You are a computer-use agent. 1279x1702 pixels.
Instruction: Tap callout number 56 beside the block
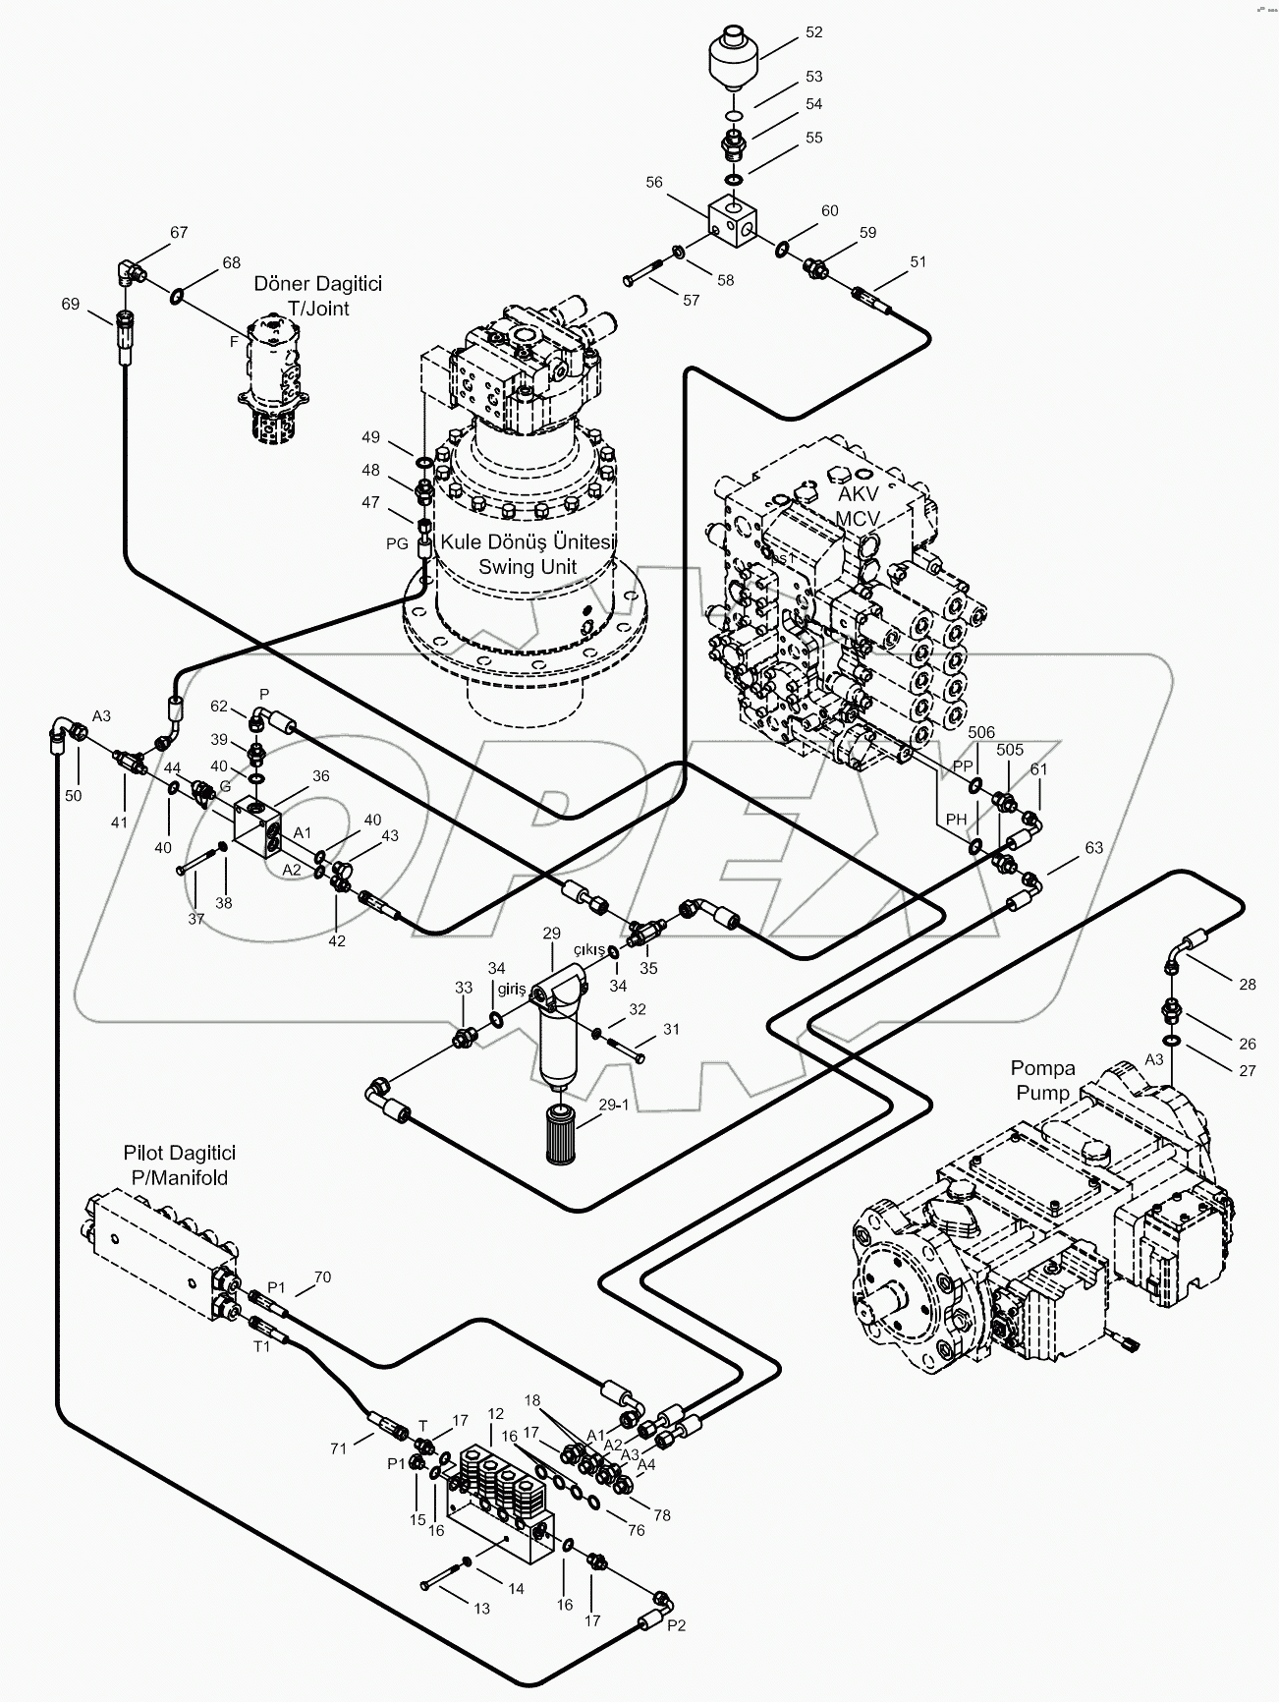point(654,182)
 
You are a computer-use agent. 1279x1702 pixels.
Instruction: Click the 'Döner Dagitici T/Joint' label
point(317,296)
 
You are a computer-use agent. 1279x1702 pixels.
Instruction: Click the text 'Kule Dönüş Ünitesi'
point(528,542)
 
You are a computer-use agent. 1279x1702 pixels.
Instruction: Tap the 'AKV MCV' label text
point(857,506)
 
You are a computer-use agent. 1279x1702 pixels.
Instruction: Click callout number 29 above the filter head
point(551,933)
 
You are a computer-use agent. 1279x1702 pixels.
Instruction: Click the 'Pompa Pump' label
point(1043,1080)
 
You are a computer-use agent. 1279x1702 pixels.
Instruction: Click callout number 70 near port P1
point(322,1277)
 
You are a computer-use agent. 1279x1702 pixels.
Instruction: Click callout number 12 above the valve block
point(495,1413)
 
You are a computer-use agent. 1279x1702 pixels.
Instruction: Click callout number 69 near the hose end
point(70,304)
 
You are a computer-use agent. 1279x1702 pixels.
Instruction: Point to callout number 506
point(981,732)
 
